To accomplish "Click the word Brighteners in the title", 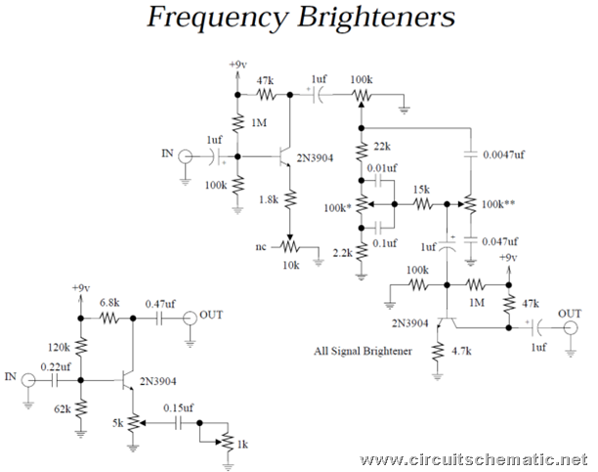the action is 376,18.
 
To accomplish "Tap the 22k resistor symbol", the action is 362,150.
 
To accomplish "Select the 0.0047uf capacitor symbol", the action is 470,154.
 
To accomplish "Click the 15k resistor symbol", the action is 422,204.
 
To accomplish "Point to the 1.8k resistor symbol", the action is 290,198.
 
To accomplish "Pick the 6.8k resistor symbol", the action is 109,318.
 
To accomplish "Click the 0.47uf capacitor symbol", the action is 159,318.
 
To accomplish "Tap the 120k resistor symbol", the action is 80,347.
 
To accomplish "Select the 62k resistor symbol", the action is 80,408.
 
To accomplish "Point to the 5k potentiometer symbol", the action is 134,423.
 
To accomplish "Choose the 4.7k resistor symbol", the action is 438,352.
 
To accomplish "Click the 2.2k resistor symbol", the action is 362,251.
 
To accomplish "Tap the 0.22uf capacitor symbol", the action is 55,380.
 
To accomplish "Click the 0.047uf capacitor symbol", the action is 470,240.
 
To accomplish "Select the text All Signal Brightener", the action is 363,351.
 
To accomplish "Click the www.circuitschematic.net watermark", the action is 474,459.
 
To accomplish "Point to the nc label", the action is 261,247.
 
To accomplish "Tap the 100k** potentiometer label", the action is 498,204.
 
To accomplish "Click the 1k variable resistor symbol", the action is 228,442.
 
